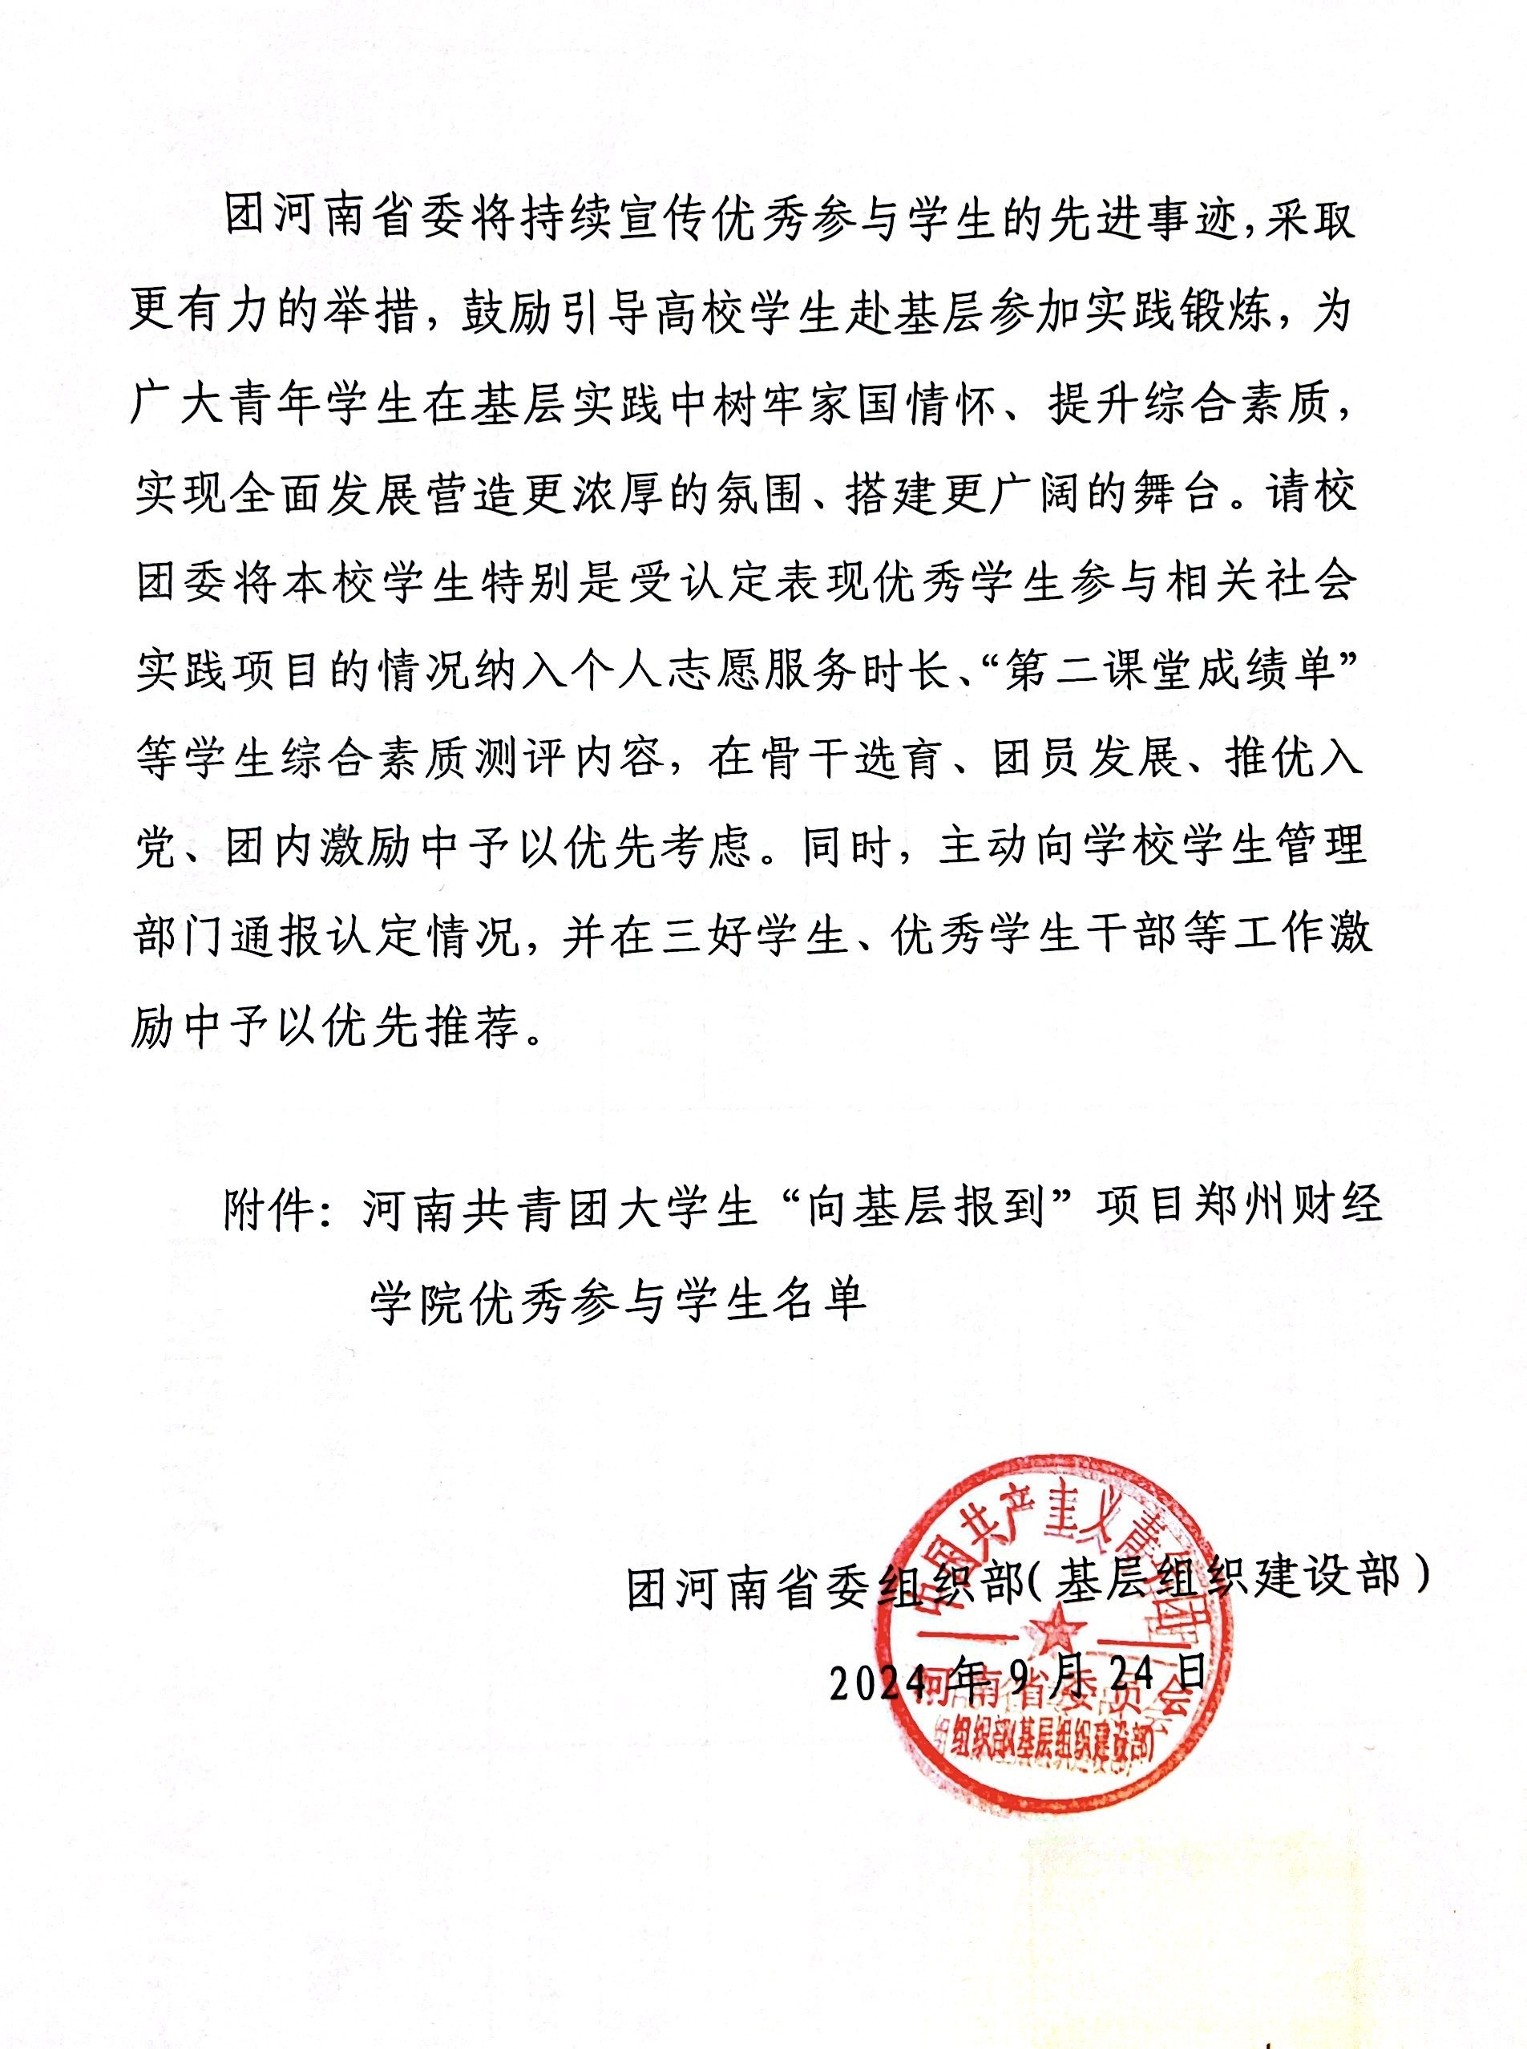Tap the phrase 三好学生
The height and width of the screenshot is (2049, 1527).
click(754, 937)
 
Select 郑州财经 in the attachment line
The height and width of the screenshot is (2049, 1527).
click(1286, 1207)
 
